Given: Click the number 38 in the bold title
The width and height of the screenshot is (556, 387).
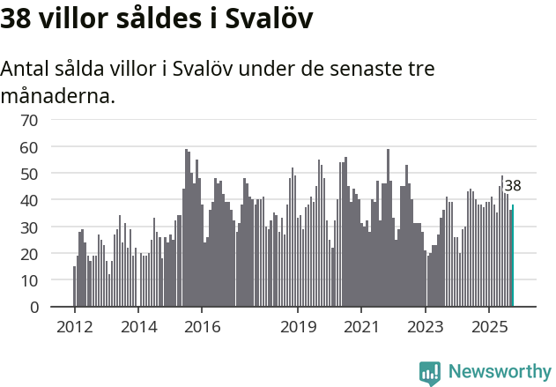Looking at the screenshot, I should click(x=17, y=20).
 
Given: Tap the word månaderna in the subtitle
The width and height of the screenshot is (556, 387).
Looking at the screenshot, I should click(x=58, y=95).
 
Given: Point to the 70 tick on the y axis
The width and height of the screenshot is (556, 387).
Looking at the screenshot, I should click(x=30, y=120).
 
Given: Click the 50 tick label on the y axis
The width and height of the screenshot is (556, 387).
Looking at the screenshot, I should click(x=30, y=174).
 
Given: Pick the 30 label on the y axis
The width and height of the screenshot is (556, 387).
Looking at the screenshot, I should click(x=30, y=227).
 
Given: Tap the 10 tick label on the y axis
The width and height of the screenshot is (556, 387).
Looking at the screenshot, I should click(x=30, y=280).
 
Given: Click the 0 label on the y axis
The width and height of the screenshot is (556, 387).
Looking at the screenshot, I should click(x=34, y=307).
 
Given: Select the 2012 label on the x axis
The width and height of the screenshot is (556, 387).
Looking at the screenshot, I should click(x=74, y=327).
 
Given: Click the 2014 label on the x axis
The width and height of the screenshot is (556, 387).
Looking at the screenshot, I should click(x=138, y=327).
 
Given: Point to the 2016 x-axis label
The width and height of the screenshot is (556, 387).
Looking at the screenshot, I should click(x=202, y=327).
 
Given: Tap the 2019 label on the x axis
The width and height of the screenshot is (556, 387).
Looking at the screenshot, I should click(x=298, y=327).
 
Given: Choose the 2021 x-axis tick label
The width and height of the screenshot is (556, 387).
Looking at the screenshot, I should click(x=361, y=327).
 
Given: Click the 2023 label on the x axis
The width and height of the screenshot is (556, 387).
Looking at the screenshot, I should click(x=426, y=327).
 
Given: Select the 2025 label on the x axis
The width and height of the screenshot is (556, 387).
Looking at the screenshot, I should click(x=489, y=327).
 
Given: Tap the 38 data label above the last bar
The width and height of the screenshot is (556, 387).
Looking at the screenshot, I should click(x=513, y=186).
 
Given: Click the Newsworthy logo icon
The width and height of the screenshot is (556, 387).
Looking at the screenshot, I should click(x=430, y=372).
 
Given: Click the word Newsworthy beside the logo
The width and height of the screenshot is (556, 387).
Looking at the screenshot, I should click(x=499, y=372).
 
